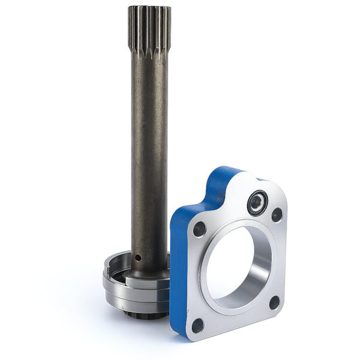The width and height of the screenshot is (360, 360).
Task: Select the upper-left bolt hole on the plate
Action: click(199, 229)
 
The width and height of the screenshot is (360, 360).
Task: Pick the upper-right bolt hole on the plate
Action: click(277, 214)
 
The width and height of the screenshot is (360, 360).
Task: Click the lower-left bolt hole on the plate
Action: click(197, 325)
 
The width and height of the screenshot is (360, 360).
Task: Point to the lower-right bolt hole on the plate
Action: click(274, 302)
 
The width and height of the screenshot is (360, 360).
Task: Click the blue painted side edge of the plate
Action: click(178, 270)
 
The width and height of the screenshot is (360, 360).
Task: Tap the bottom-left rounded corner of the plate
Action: click(190, 334)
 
